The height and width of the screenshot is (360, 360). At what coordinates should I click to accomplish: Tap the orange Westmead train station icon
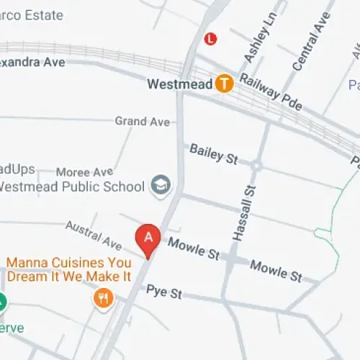(225, 84)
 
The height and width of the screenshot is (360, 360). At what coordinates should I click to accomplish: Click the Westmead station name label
(179, 84)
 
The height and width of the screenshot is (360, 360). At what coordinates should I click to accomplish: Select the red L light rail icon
(210, 38)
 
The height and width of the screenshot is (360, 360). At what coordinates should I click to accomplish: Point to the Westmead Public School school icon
(160, 186)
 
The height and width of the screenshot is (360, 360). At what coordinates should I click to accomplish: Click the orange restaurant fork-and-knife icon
(104, 297)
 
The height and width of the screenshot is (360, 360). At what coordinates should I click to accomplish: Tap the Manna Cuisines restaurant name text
(69, 269)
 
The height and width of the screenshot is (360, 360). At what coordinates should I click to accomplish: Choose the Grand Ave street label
(142, 122)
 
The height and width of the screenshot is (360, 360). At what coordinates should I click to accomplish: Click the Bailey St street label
(213, 153)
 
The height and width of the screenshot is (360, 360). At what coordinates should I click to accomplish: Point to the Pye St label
(164, 292)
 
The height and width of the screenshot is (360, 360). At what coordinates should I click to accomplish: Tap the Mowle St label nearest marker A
(193, 248)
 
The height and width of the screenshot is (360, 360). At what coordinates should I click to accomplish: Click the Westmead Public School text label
(72, 187)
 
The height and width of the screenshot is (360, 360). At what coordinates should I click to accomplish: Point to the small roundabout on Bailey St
(256, 166)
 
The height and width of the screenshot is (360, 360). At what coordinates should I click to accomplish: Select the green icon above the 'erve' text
(1, 303)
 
